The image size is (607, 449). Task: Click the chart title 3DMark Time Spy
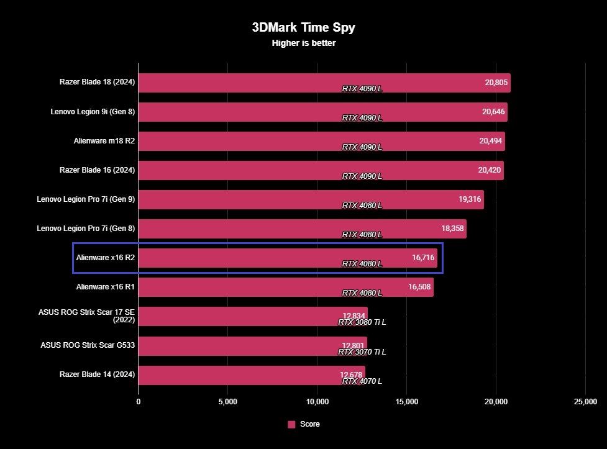point(303,27)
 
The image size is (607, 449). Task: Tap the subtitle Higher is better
point(303,43)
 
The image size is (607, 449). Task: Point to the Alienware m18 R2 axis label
point(104,141)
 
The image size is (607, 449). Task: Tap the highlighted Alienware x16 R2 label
point(105,258)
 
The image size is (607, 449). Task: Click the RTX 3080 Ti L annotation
point(362,322)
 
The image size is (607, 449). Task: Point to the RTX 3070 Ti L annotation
point(362,351)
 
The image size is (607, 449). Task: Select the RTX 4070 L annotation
point(362,381)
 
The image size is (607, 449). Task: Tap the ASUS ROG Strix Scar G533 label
point(88,345)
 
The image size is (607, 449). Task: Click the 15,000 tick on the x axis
point(406,402)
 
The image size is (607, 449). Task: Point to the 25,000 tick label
point(585,402)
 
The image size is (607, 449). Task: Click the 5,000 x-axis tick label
point(227,402)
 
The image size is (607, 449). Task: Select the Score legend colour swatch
point(291,424)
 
